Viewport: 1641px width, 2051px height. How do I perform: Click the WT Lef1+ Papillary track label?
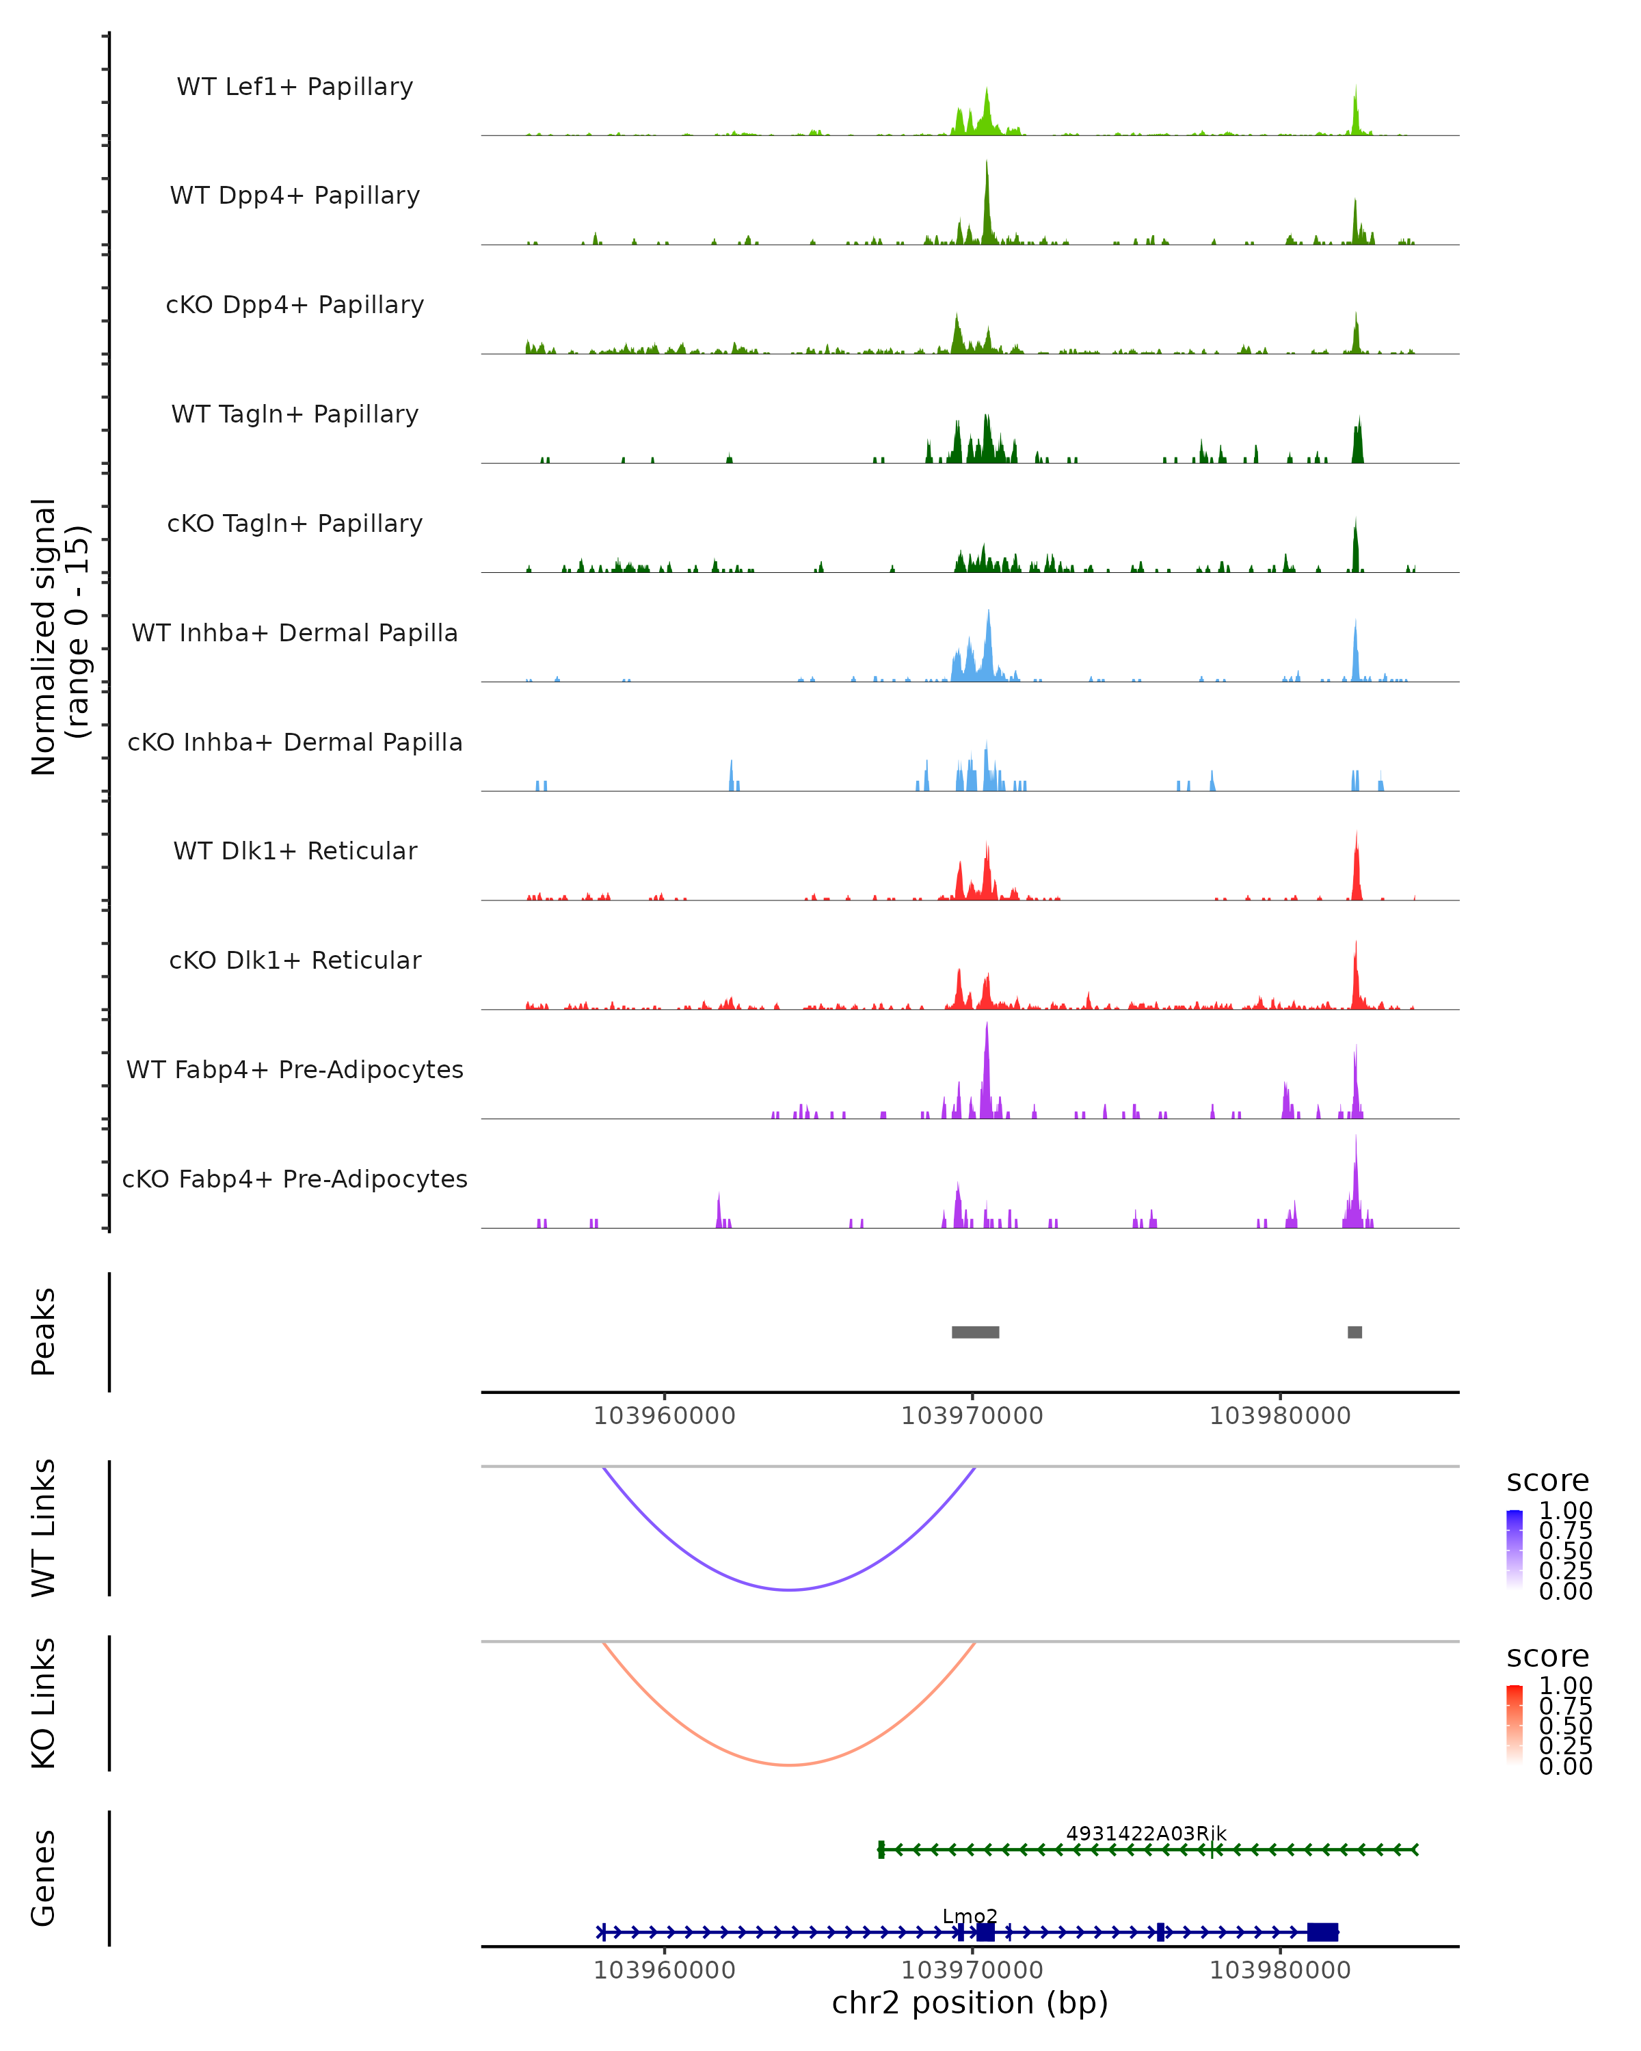(x=295, y=87)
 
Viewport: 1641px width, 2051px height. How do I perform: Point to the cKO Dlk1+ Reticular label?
(x=295, y=960)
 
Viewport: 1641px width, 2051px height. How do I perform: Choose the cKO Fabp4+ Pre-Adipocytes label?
(x=295, y=1179)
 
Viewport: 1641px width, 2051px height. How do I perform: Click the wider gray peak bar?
(x=975, y=1332)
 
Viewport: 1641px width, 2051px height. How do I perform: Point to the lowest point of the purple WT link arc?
(x=790, y=1590)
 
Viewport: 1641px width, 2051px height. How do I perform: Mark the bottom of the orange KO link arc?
(x=790, y=1765)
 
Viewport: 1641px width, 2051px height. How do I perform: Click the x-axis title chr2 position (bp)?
(x=970, y=2002)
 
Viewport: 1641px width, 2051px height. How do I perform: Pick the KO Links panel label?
(x=44, y=1703)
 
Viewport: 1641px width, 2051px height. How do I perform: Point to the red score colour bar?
(x=1515, y=1723)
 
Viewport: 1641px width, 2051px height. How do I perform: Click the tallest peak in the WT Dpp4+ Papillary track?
(x=987, y=163)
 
